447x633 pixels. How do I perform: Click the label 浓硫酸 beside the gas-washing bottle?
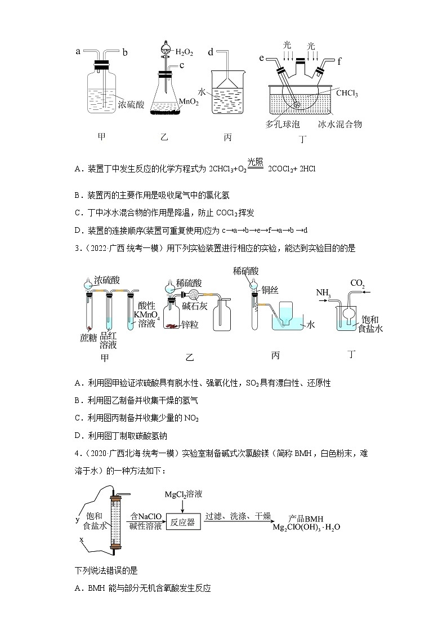coord(131,104)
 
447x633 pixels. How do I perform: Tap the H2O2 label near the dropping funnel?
coord(184,52)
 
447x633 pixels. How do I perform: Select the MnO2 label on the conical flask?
coord(187,101)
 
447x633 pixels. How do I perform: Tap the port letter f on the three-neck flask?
coord(339,62)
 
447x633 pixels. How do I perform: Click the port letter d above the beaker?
coord(210,52)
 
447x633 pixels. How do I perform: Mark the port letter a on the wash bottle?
coord(78,51)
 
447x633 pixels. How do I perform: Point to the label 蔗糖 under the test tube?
coord(88,338)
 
